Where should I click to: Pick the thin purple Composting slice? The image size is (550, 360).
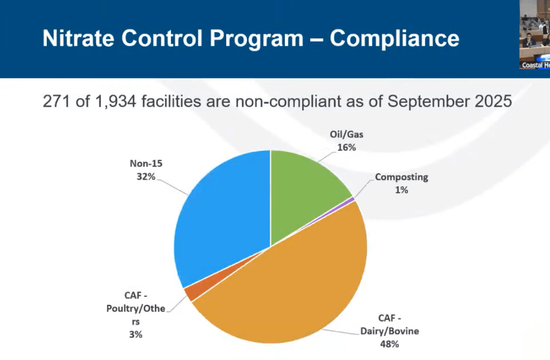353,199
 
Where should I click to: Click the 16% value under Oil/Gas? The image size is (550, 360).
346,147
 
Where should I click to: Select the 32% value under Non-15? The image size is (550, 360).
146,176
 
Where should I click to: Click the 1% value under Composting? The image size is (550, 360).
401,190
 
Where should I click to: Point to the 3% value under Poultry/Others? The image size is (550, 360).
136,335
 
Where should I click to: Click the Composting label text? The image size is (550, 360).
401,177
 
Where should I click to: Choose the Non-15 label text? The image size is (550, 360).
146,163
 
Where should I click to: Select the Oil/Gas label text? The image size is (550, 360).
346,134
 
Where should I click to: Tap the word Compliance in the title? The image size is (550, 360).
395,38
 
